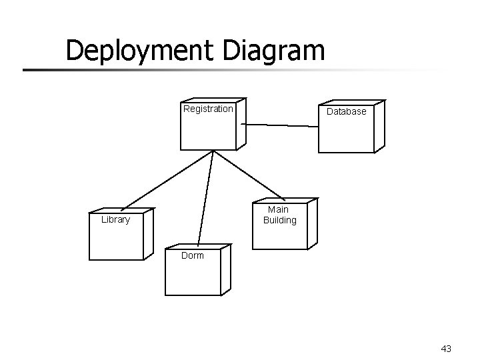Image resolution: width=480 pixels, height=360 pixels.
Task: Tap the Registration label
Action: [x=208, y=109]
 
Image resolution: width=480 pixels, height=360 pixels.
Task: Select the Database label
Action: [x=346, y=111]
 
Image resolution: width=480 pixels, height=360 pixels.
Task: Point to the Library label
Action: [x=115, y=219]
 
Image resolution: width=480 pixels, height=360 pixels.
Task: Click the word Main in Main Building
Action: [x=279, y=209]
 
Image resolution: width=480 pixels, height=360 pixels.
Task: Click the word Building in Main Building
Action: [x=279, y=220]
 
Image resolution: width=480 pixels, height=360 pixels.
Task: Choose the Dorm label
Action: [x=193, y=255]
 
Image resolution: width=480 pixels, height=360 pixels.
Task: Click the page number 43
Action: [x=446, y=348]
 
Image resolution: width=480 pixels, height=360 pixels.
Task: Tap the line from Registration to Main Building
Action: [x=248, y=175]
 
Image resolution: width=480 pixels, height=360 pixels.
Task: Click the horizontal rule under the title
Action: [x=200, y=69]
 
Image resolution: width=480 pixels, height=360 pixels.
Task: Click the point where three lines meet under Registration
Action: [x=213, y=151]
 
